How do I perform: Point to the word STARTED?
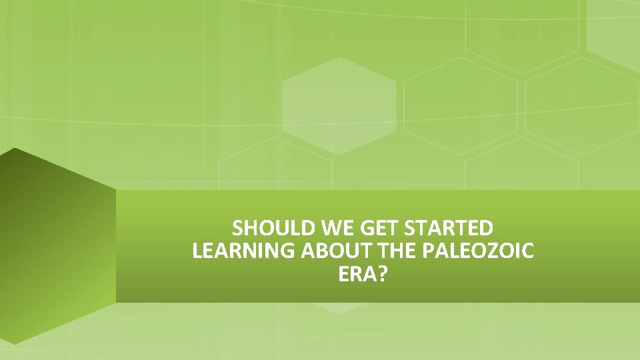(x=449, y=229)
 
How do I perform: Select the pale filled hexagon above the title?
(x=339, y=106)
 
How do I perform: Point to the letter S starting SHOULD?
(x=239, y=229)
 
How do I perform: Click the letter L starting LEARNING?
(x=196, y=252)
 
